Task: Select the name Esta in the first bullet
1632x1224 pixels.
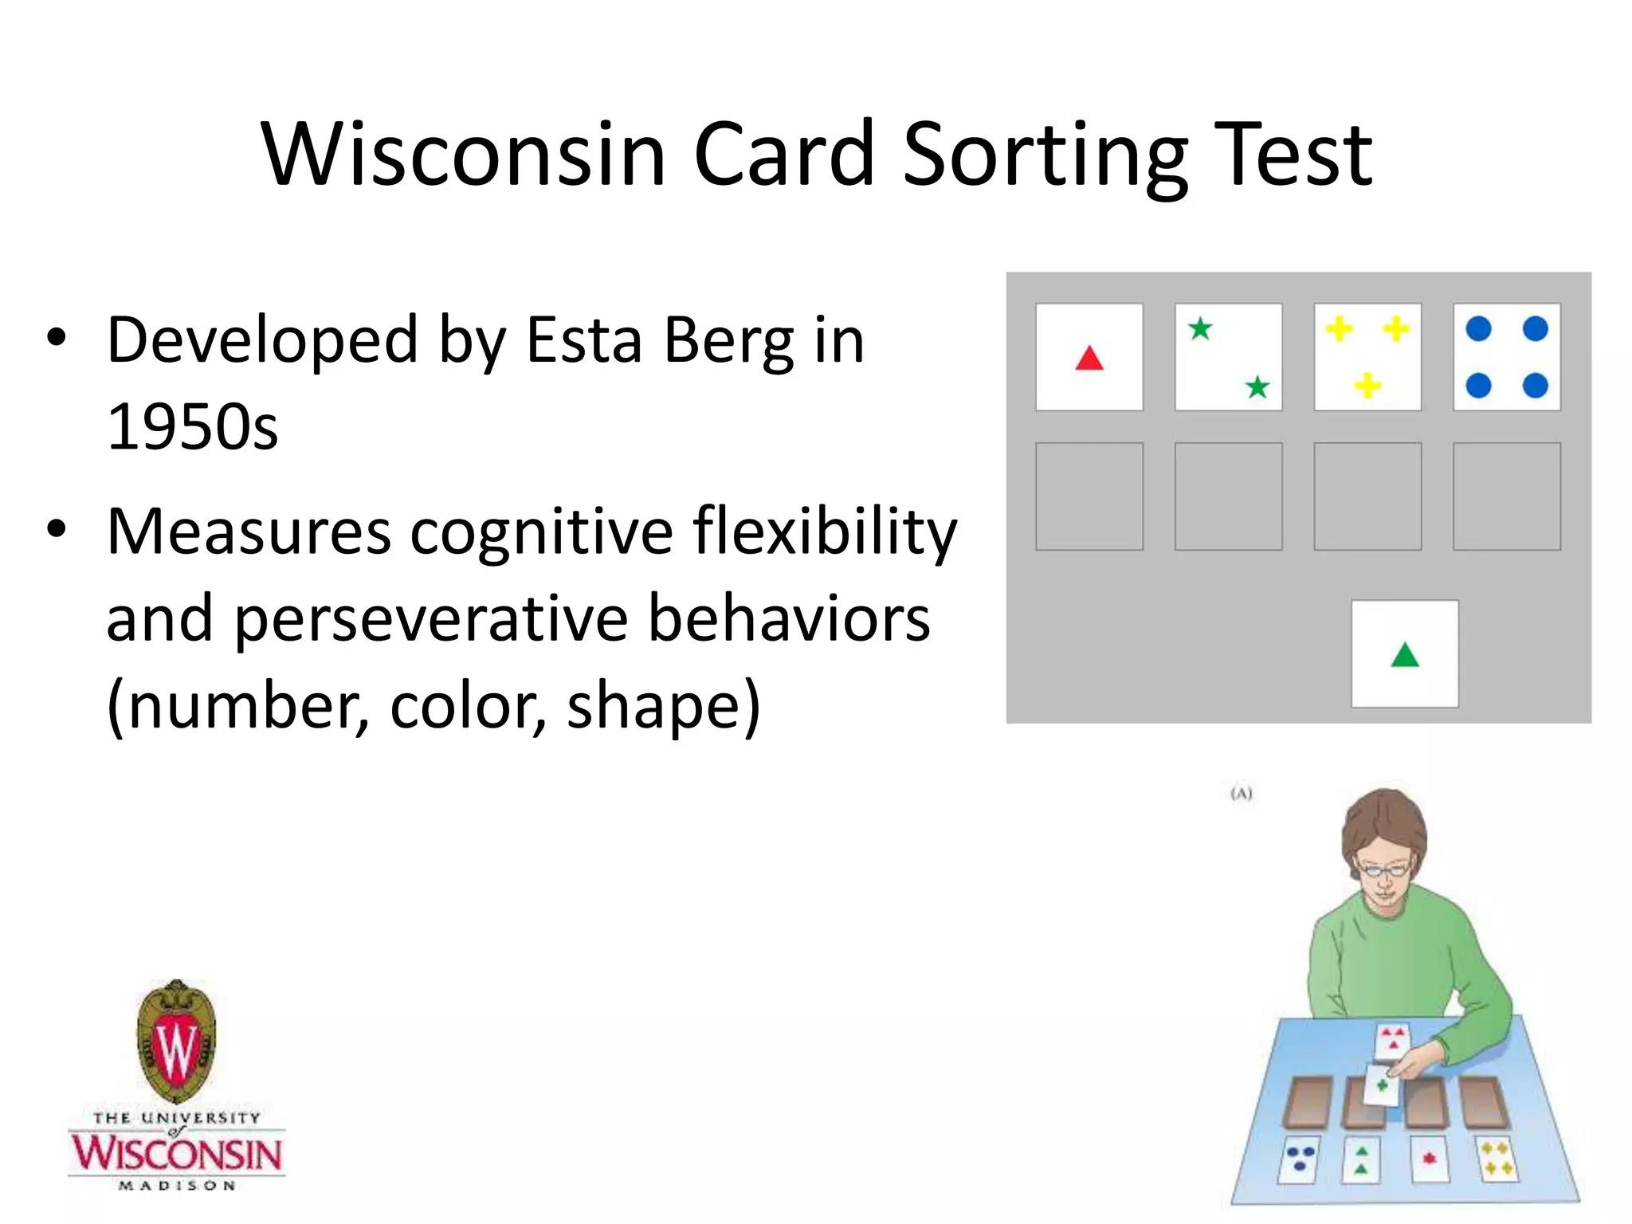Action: pos(583,341)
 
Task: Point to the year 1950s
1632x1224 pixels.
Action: pos(192,427)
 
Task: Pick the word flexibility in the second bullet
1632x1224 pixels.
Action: pos(824,531)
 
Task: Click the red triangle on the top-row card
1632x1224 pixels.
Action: pos(1089,358)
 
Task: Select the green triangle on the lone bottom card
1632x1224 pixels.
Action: pos(1405,655)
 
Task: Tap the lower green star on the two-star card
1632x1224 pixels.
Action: pos(1257,387)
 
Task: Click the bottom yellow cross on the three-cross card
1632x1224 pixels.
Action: pos(1367,386)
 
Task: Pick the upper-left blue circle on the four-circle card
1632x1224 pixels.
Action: pos(1478,328)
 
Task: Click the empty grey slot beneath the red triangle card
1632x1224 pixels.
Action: pos(1089,496)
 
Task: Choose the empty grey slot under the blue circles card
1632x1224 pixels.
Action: pos(1506,496)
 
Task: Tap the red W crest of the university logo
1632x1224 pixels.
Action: pos(176,1045)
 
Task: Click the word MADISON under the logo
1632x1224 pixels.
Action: pos(177,1185)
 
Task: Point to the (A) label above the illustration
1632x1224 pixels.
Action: pos(1242,794)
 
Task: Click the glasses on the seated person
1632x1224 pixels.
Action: pos(1383,869)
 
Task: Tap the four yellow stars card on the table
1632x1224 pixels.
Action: pos(1497,1158)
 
